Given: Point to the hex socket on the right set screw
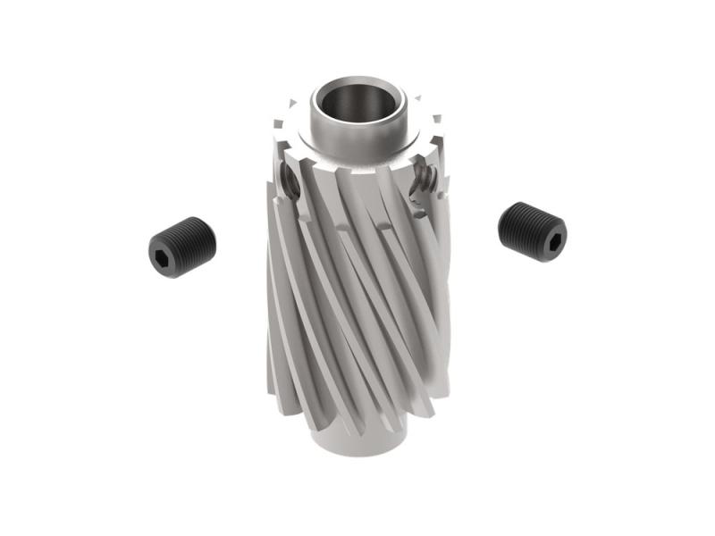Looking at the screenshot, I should (553, 240).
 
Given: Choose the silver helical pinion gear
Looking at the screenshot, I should (357, 286).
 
